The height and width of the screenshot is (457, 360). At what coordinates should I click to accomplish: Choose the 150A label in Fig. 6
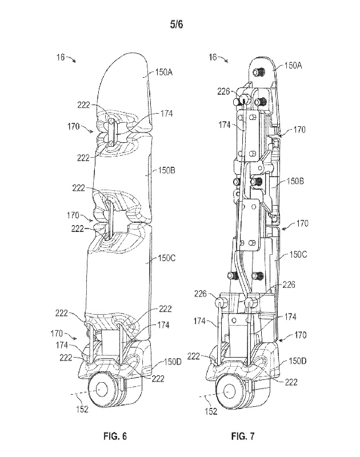pyautogui.click(x=165, y=73)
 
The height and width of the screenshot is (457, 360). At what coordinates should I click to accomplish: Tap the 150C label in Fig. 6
pyautogui.click(x=165, y=258)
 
